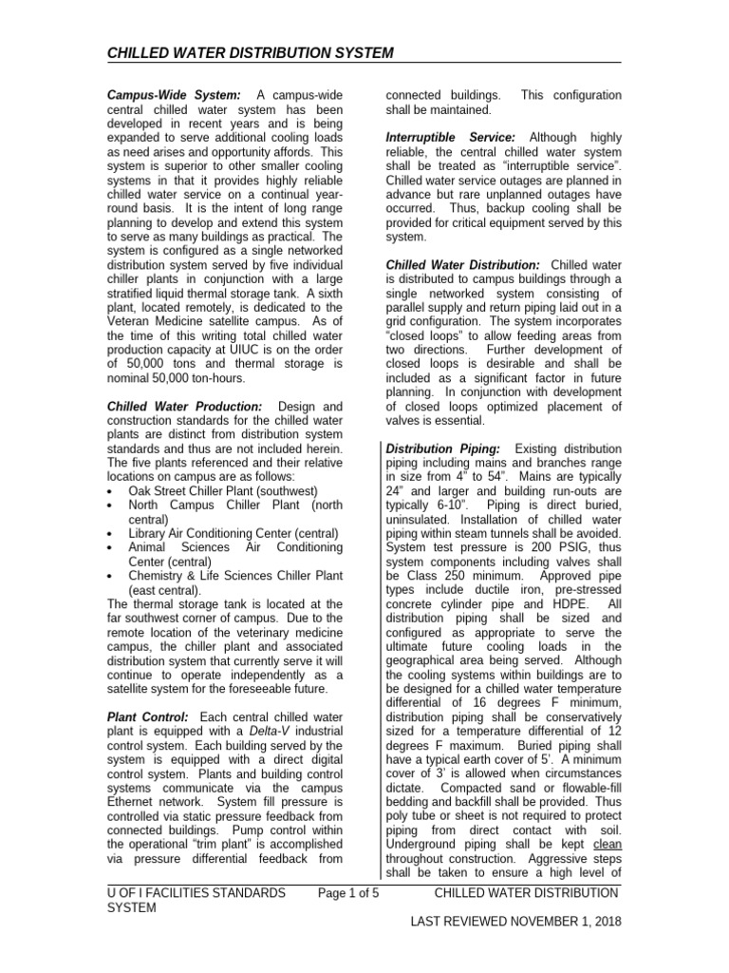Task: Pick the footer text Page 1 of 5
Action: [349, 893]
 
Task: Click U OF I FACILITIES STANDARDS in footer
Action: [197, 893]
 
